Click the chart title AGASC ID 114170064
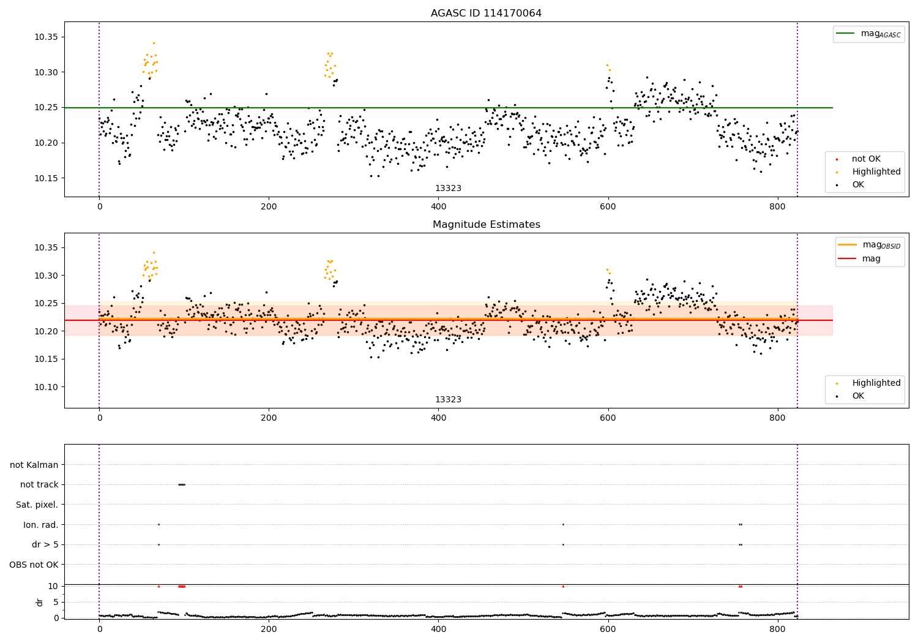coord(486,13)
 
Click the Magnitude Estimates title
coord(486,225)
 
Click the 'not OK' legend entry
coord(866,159)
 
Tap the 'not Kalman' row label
coord(34,465)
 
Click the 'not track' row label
coord(39,484)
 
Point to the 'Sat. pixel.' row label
coord(37,505)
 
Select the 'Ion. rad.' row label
coord(40,525)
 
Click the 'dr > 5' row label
coord(45,544)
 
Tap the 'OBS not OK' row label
coord(34,565)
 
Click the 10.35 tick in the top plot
coord(46,37)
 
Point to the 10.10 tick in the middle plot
coord(46,387)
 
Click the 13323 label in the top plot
coord(448,189)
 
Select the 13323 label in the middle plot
coord(448,400)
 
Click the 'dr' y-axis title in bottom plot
coord(40,602)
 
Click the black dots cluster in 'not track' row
coord(181,484)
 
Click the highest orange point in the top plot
coord(154,43)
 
